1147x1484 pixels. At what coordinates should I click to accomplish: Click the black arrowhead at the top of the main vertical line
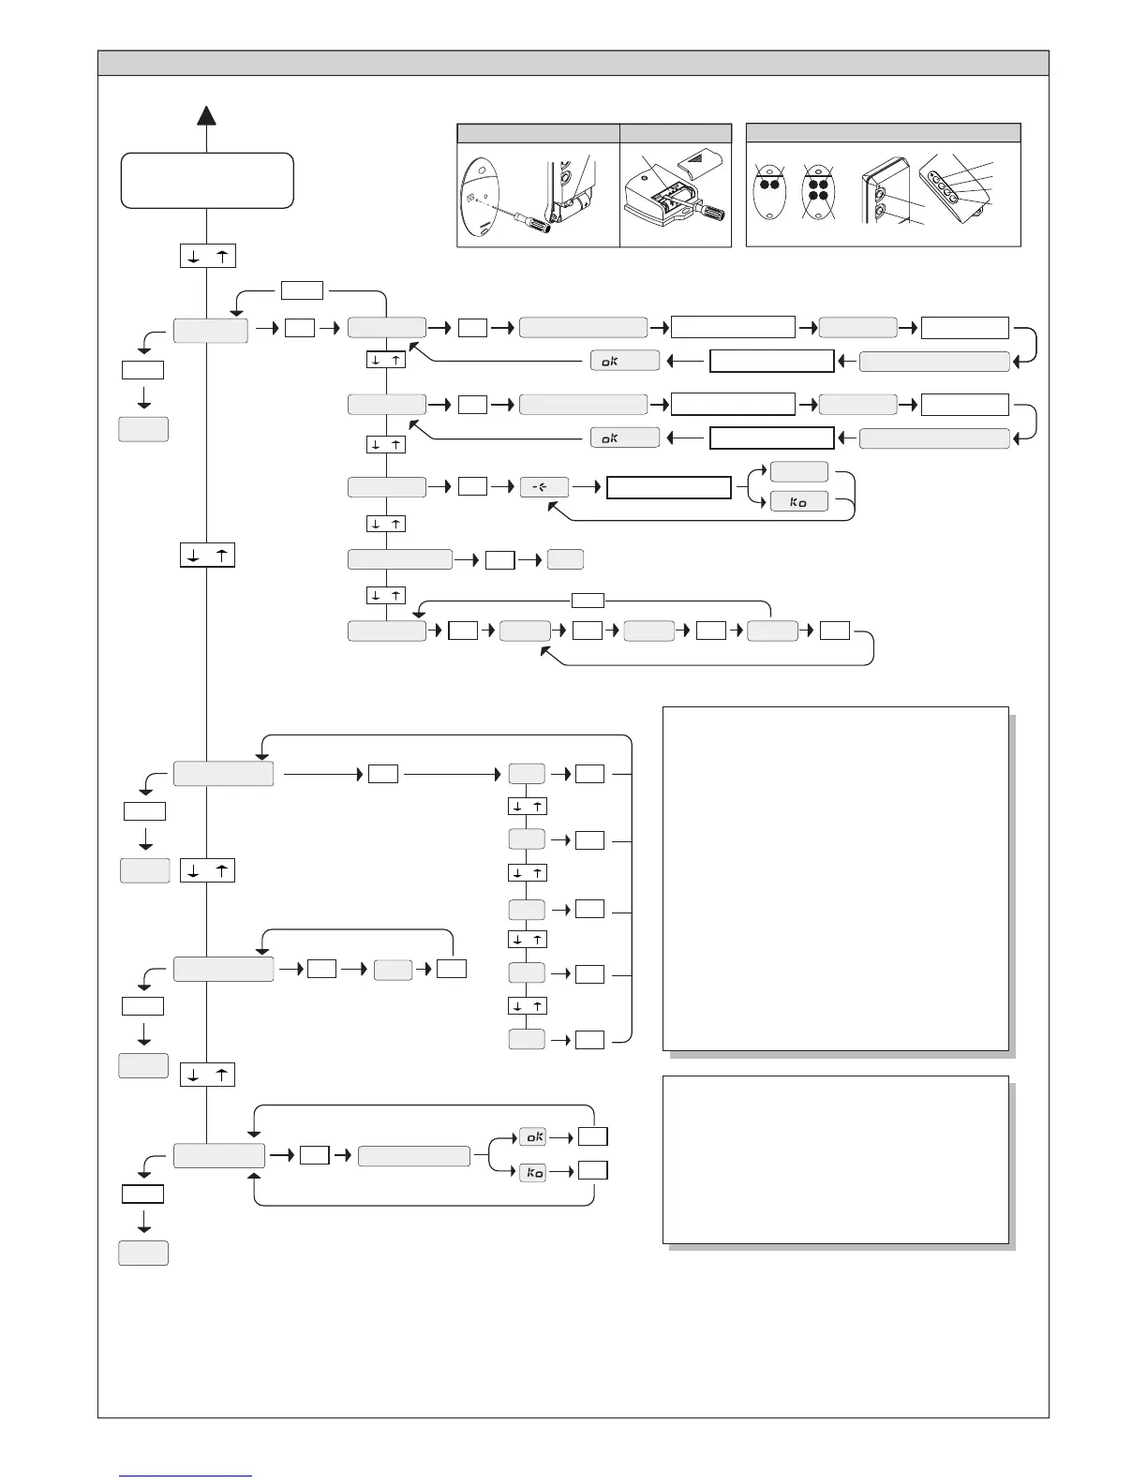click(x=207, y=115)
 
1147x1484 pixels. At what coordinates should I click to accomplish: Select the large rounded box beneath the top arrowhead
click(x=207, y=180)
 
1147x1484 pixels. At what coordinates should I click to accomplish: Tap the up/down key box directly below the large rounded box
click(x=207, y=256)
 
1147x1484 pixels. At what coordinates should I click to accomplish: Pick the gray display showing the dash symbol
click(x=544, y=487)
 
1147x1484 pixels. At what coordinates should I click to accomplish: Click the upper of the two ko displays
click(x=798, y=502)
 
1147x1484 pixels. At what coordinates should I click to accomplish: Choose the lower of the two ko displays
click(x=532, y=1172)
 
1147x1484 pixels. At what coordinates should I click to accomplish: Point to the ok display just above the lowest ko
click(x=532, y=1136)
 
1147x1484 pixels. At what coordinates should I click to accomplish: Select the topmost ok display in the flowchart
click(x=624, y=361)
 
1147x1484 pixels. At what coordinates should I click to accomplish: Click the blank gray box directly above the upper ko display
click(x=798, y=471)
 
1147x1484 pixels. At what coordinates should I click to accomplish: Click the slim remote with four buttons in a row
click(x=951, y=186)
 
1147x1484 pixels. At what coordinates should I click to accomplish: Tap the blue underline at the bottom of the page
click(x=186, y=1477)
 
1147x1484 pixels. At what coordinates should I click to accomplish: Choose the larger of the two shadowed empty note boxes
click(x=835, y=878)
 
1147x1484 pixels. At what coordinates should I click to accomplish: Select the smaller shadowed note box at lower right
click(x=835, y=1159)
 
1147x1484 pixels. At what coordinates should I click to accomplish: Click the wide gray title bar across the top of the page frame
click(x=573, y=63)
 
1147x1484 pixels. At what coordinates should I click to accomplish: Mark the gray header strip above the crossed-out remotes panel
click(x=883, y=132)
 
